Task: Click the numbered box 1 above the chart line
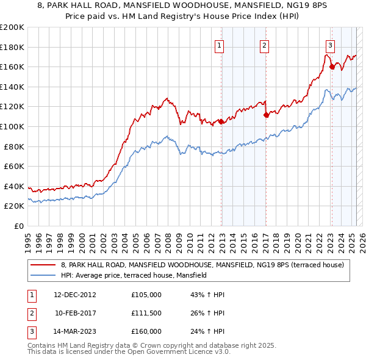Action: tap(219, 45)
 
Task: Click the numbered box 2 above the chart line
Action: tap(264, 45)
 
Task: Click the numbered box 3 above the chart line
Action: tap(330, 45)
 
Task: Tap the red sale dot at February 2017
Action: tap(266, 115)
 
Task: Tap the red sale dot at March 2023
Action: tap(332, 67)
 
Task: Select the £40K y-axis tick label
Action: tap(14, 186)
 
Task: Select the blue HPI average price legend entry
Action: tap(134, 275)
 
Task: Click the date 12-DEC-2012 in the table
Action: tap(75, 295)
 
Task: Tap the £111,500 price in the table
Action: tap(146, 313)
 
